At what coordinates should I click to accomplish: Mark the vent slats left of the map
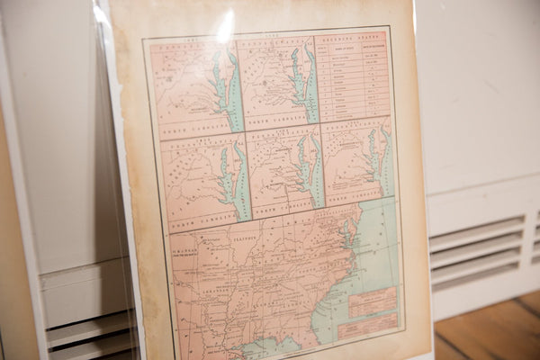[x=90, y=333]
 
